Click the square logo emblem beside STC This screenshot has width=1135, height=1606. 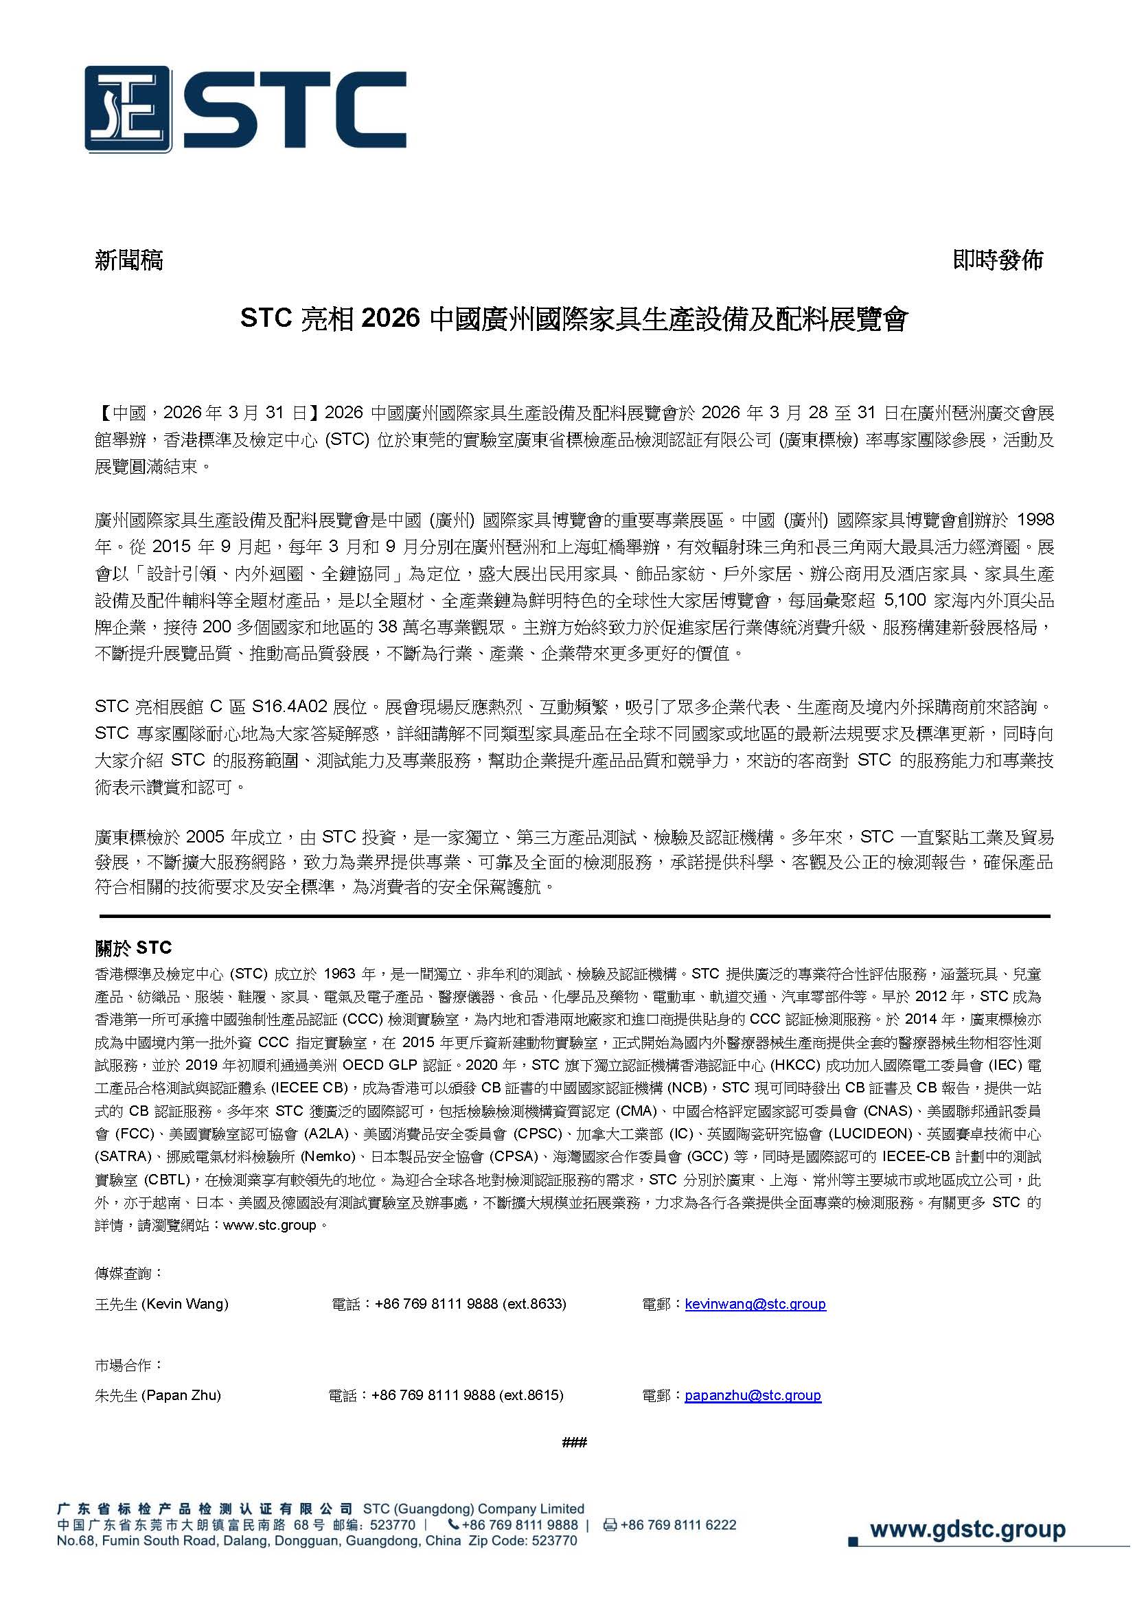coord(127,109)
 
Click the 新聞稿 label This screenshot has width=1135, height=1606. coord(128,260)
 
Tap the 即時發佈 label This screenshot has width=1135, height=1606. coord(997,260)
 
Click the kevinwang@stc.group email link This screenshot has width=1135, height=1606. coord(755,1304)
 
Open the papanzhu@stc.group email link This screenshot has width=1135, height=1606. coord(753,1395)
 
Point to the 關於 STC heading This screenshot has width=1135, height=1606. coord(134,948)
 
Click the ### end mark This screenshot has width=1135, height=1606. coord(574,1443)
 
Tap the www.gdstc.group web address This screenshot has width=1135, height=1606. coord(967,1530)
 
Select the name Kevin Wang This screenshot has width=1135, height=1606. coord(185,1304)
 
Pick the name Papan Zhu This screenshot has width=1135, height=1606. coord(181,1395)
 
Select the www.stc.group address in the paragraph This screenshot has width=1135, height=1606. coord(269,1226)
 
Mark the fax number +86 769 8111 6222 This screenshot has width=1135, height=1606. coord(678,1525)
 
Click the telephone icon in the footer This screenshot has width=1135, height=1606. coord(454,1525)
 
